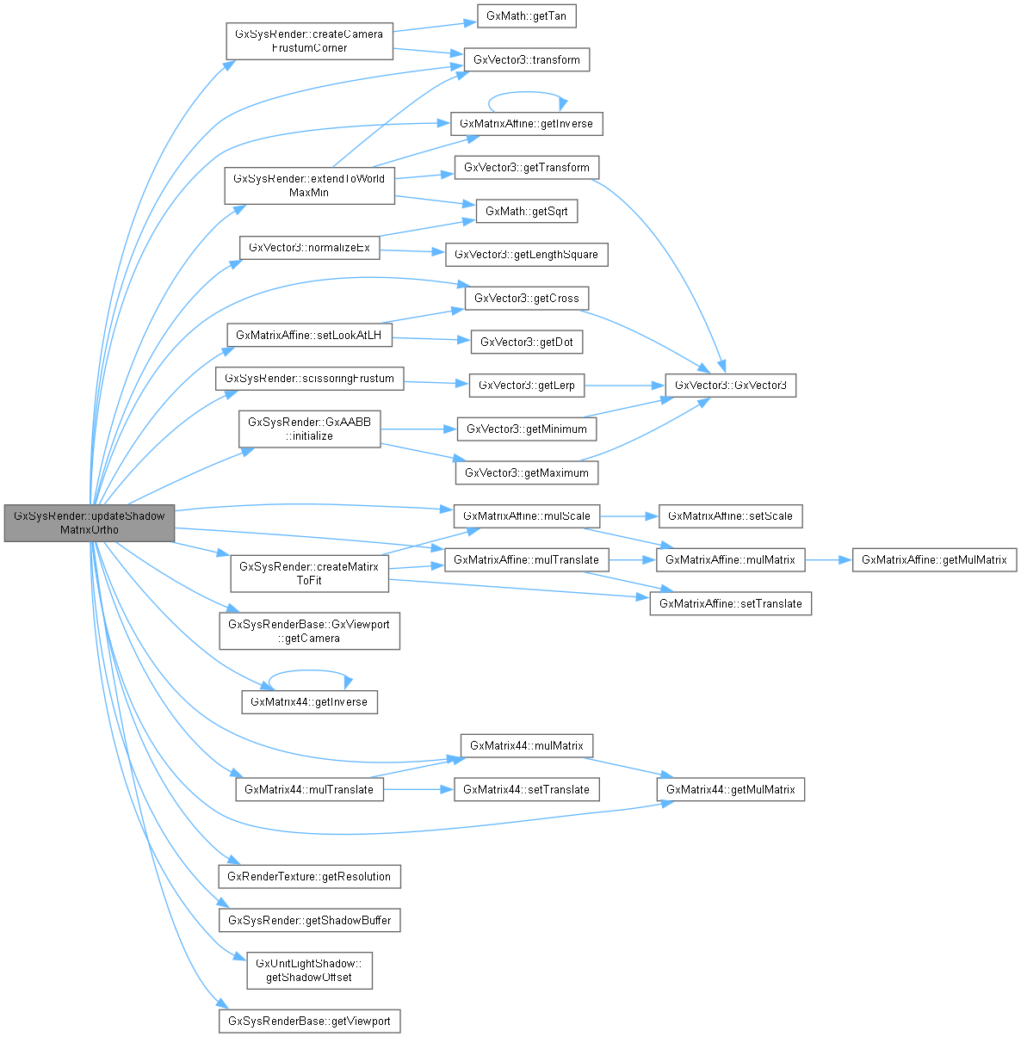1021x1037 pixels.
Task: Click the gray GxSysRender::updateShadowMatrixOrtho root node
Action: point(90,522)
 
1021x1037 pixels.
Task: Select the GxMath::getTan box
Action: point(526,16)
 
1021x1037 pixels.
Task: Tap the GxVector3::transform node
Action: point(526,60)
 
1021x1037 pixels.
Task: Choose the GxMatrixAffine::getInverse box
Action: point(526,123)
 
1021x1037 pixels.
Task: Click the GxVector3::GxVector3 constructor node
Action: point(730,385)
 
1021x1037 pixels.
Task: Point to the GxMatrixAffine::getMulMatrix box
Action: point(934,559)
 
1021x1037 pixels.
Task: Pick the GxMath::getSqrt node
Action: point(526,211)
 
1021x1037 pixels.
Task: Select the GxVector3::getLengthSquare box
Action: point(526,255)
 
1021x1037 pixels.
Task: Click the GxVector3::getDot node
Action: point(526,342)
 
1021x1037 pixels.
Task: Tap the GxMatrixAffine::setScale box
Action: point(730,516)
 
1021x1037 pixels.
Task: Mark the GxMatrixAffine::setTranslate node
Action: point(730,603)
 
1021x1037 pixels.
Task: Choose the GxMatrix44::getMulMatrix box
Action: point(730,789)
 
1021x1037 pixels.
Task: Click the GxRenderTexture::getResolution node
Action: point(309,876)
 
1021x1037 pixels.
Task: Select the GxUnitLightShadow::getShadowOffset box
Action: point(309,971)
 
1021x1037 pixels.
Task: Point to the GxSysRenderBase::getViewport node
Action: point(309,1022)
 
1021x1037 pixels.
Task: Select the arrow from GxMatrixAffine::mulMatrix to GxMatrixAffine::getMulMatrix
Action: point(827,559)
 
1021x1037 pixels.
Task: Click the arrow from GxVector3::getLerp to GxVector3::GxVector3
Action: point(624,385)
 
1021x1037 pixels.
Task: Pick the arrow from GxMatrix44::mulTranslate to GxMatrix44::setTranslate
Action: point(418,789)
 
